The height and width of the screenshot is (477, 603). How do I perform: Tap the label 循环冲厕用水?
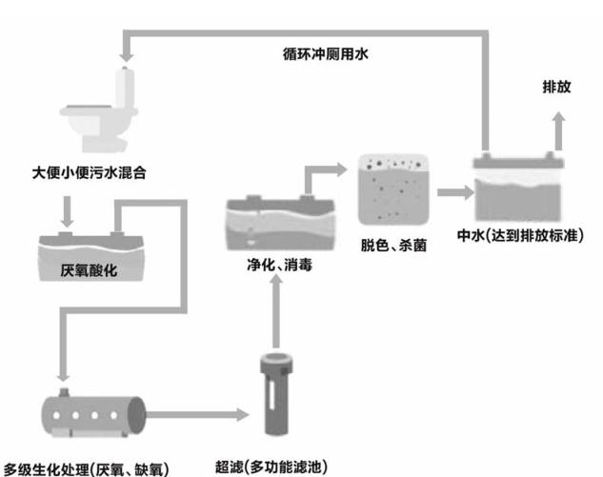[327, 54]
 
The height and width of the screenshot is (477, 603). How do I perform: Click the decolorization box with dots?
[392, 189]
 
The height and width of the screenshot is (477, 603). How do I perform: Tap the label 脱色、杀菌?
[394, 245]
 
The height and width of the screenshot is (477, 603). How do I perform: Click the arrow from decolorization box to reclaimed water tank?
[453, 192]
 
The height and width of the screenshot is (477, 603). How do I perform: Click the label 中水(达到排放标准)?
[527, 233]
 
